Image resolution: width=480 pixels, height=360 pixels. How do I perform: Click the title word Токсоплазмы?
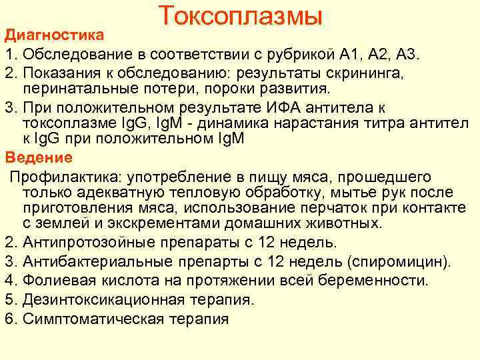[241, 15]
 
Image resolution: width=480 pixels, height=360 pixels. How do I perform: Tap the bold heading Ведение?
[39, 158]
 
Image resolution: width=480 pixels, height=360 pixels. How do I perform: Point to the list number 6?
[9, 318]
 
